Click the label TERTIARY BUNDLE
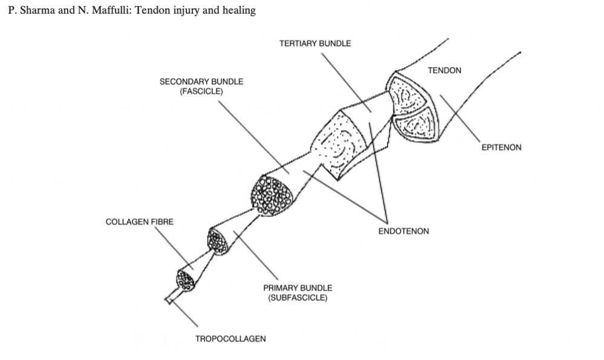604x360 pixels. click(314, 44)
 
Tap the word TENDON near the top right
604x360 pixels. click(444, 71)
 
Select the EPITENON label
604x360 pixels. click(501, 147)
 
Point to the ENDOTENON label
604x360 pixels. click(403, 231)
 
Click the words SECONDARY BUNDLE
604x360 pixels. click(201, 82)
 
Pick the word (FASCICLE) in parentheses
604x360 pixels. click(201, 91)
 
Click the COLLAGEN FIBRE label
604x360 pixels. click(139, 222)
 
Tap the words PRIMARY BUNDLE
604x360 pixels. click(297, 288)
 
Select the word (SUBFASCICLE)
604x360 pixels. click(297, 298)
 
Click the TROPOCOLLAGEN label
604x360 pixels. click(230, 339)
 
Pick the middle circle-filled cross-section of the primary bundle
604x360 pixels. click(218, 241)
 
